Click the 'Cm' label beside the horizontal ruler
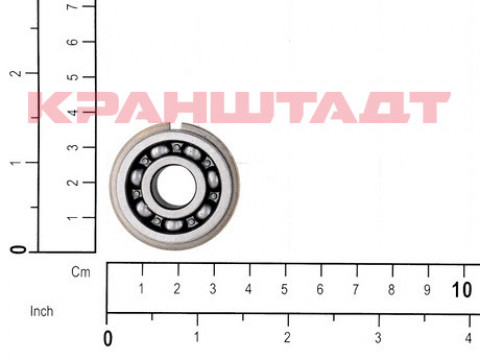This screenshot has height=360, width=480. pyautogui.click(x=81, y=272)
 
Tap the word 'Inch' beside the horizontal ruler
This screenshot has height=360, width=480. pyautogui.click(x=42, y=311)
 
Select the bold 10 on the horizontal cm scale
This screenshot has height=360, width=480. pyautogui.click(x=462, y=290)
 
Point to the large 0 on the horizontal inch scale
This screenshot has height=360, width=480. pyautogui.click(x=108, y=339)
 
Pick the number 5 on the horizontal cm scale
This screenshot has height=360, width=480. pyautogui.click(x=284, y=289)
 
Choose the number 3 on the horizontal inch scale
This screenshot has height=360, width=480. pyautogui.click(x=378, y=338)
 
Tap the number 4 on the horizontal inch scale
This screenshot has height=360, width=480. pyautogui.click(x=468, y=338)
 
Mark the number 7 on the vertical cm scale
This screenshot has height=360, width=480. pyautogui.click(x=73, y=6)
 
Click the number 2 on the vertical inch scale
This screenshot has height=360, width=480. pyautogui.click(x=16, y=73)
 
